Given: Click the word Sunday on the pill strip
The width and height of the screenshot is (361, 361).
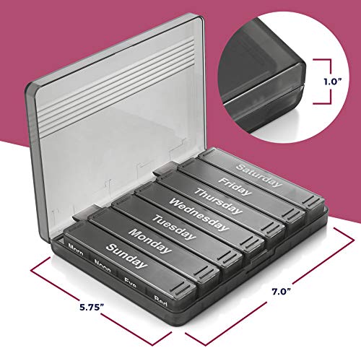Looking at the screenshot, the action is point(126,256).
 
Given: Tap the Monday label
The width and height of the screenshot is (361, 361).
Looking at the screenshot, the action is point(150,241).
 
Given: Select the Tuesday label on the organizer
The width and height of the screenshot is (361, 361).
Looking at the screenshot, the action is point(174,227).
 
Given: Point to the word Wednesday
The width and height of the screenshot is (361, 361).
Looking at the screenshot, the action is point(199,214).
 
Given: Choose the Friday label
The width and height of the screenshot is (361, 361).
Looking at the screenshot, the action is point(235,186).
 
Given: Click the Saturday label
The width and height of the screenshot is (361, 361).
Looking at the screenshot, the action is point(258,175).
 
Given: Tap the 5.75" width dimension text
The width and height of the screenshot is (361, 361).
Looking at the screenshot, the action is point(92,308).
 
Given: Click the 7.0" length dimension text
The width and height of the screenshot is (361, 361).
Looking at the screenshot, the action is point(282,292).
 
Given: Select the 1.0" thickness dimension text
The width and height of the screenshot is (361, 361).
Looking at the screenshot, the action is point(333,82).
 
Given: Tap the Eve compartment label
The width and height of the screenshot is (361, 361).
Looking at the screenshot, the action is point(131,282).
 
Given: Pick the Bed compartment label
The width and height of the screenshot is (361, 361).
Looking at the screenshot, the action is point(160,300).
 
